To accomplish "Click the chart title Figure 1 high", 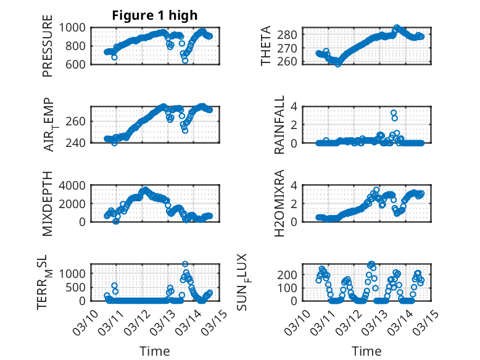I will point(154,15).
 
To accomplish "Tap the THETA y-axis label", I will point(266,46).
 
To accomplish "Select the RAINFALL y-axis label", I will point(279,125).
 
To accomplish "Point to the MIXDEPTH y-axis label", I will point(48,203).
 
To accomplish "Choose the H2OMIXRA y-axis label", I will point(279,203).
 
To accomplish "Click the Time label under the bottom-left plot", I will point(154,351).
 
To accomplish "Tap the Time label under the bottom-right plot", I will point(366,351).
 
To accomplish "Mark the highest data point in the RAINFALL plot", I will point(393,113).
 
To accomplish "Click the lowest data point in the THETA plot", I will point(337,64).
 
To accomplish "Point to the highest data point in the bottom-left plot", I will point(185,264).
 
